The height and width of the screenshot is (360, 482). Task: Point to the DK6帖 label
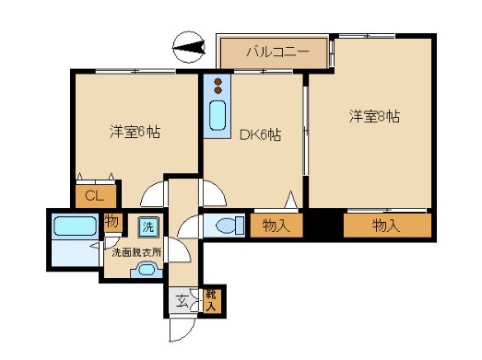tap(261, 134)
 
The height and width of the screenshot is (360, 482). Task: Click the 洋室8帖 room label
tap(373, 116)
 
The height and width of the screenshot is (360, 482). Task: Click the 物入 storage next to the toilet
tap(276, 225)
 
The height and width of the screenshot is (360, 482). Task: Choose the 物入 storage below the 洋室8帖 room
tap(387, 225)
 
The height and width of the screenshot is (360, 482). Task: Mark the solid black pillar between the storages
tap(323, 225)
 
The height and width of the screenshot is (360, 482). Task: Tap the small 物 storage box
tap(112, 222)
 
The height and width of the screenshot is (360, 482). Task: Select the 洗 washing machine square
tap(147, 226)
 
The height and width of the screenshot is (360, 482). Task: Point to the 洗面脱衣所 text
tap(135, 250)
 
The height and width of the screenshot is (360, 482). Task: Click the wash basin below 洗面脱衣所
tap(147, 270)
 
